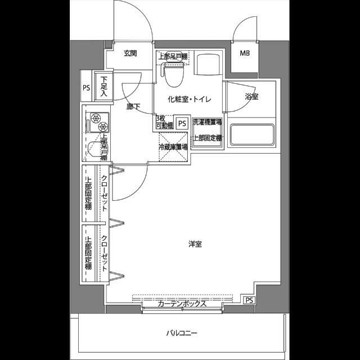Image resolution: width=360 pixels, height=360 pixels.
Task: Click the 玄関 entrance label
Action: pos(130,53)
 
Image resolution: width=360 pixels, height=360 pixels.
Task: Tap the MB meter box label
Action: pos(246,54)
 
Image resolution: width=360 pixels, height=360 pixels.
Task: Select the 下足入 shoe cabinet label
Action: pos(104,87)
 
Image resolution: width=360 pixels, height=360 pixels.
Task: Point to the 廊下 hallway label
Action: pos(133,106)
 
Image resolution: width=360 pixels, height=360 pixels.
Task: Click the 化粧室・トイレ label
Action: pos(189,100)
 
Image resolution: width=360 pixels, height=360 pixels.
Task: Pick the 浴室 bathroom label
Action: pos(251,97)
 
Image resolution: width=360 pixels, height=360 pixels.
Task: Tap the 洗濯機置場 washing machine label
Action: pos(207,122)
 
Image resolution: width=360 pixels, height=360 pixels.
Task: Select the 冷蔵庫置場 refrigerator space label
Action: pos(173,147)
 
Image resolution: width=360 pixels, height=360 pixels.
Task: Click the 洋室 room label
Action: pos(195,244)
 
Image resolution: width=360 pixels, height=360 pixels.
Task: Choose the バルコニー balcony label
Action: pos(182,333)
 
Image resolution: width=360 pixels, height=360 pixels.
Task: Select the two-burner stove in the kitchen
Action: pos(96,120)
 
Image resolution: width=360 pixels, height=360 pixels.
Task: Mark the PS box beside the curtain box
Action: pos(249,300)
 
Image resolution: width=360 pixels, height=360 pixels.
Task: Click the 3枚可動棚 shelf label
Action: pos(161,122)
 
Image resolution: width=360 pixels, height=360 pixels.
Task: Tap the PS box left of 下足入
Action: pos(86,88)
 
